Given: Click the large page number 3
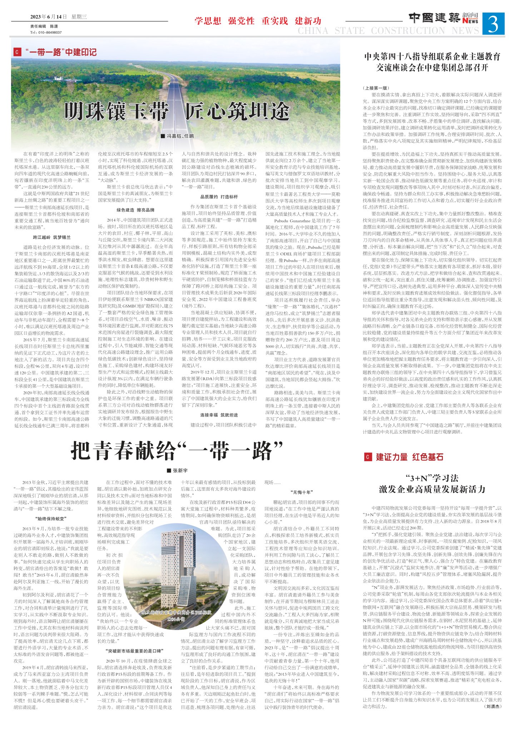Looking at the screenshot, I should (493, 24).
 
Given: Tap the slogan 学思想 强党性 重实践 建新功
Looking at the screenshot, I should (258, 21).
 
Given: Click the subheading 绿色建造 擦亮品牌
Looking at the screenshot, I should (135, 210).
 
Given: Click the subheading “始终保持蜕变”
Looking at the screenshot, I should (51, 519).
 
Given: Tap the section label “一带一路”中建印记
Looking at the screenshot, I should (61, 52).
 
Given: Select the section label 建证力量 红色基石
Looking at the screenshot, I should (409, 457).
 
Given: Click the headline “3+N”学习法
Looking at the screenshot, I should (432, 478).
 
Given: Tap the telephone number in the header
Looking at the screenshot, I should (46, 32).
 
